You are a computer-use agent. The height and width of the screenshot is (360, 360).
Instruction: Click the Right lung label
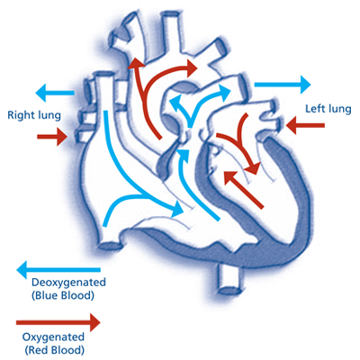coord(34,115)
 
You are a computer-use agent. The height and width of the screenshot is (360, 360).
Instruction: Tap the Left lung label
coord(328,109)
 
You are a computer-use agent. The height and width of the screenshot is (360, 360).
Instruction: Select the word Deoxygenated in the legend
coord(67,282)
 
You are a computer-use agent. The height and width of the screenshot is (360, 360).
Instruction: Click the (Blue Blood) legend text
coord(63,294)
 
